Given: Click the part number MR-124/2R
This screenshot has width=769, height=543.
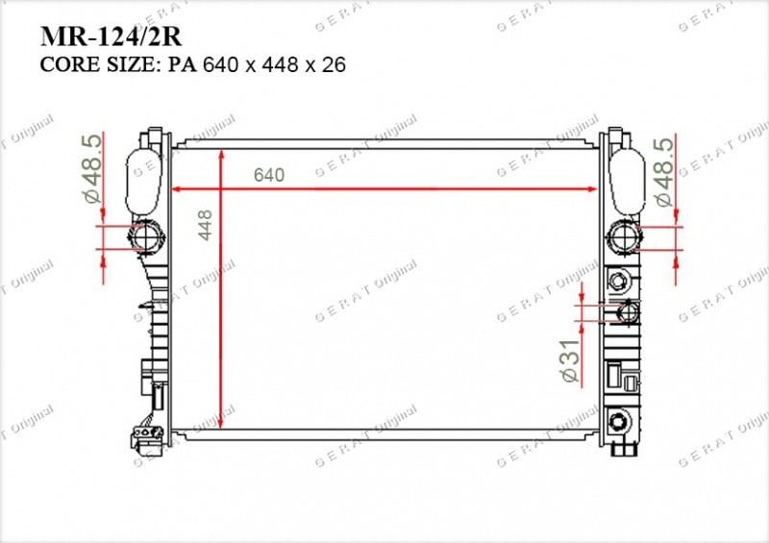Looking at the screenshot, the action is click(x=111, y=36).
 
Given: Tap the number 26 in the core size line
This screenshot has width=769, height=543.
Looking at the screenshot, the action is click(x=334, y=64).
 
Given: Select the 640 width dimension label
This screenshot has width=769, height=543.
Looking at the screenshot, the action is click(x=269, y=175).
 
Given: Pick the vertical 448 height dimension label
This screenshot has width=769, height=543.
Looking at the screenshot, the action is click(x=205, y=225).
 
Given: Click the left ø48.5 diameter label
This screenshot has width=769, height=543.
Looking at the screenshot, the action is click(x=92, y=168).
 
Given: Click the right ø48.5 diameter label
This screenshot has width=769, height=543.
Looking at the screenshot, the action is click(x=664, y=172).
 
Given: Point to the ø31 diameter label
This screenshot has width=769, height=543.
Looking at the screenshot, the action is click(x=569, y=360).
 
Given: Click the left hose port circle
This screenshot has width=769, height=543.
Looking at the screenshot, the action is click(x=145, y=237).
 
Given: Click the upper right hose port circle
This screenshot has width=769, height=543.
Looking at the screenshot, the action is click(x=623, y=237).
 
